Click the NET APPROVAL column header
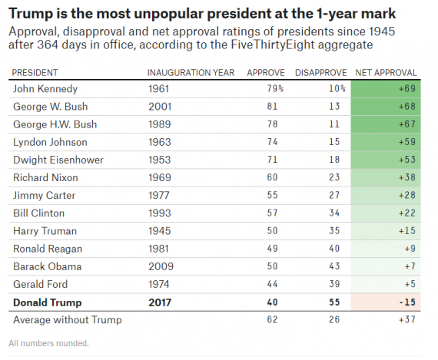coord(387,72)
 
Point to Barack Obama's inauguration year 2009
coord(160,266)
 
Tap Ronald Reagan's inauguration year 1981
coord(160,249)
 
